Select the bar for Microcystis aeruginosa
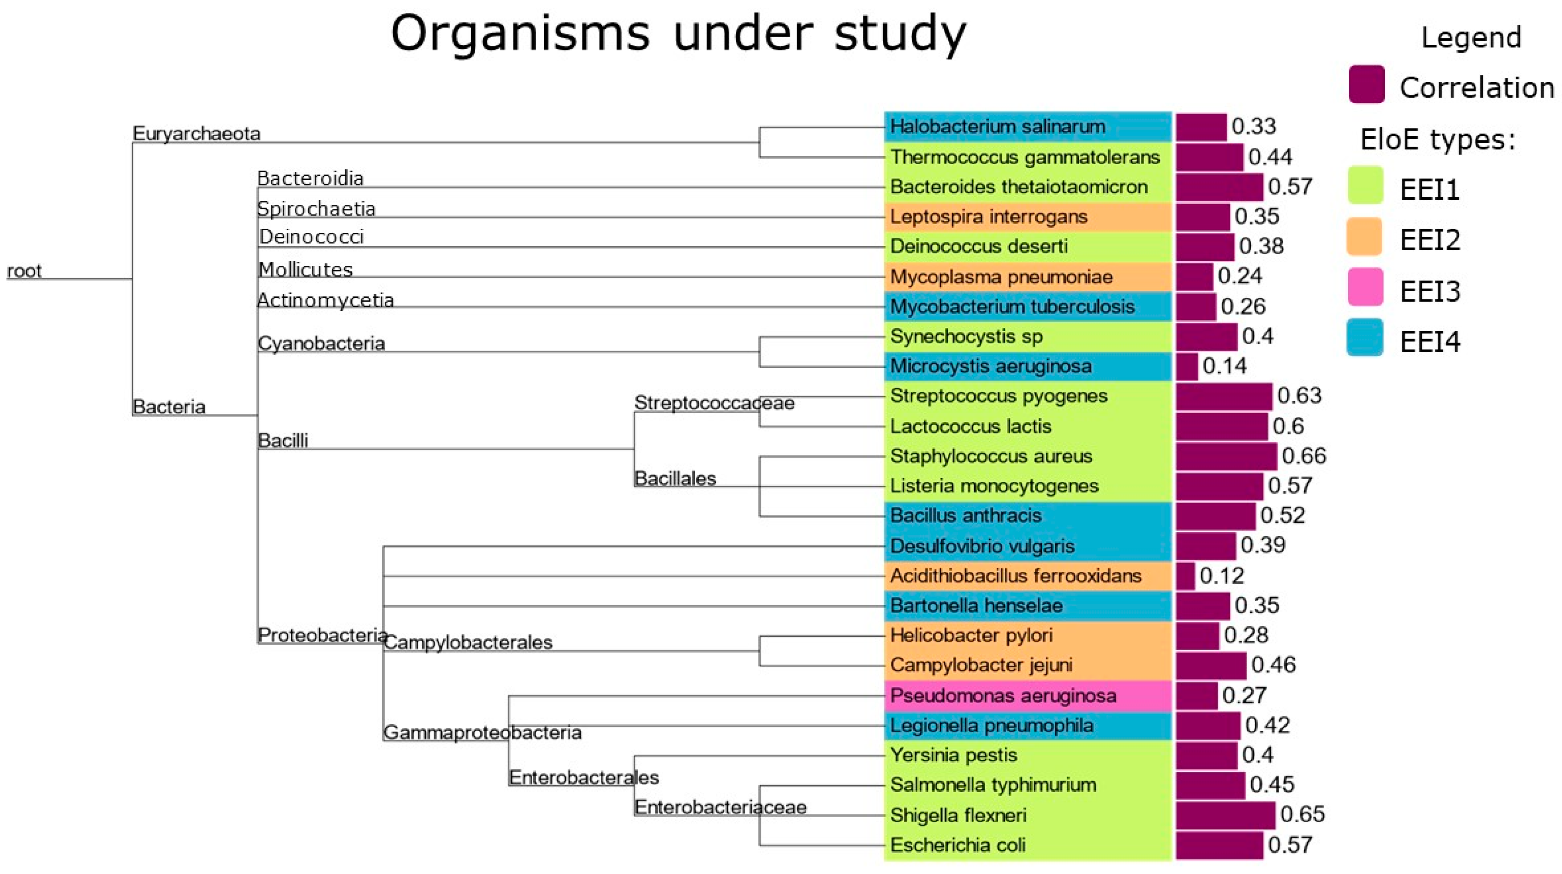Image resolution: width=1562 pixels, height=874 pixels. click(x=1187, y=366)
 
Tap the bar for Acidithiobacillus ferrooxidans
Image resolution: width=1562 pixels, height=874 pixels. click(x=1185, y=576)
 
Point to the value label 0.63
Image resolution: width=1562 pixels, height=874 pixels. click(x=1299, y=396)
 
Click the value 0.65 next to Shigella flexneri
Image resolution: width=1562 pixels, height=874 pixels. click(x=1303, y=814)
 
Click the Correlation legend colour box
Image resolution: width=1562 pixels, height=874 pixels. click(x=1367, y=84)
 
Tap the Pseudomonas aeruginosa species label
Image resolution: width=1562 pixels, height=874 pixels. click(x=1003, y=695)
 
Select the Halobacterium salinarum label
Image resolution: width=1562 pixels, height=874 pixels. click(x=997, y=127)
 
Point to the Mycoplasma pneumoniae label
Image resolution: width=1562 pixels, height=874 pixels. click(x=1001, y=277)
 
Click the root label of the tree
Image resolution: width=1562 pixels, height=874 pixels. click(x=24, y=270)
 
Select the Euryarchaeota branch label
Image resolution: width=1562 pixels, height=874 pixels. click(x=196, y=133)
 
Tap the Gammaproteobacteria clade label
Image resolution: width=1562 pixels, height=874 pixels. click(x=482, y=733)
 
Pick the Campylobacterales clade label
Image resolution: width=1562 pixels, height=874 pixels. click(x=468, y=642)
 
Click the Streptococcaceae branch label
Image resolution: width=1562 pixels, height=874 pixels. click(x=714, y=403)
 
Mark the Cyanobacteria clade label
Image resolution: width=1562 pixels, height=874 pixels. click(x=321, y=344)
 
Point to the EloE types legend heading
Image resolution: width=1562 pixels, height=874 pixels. click(x=1437, y=140)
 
